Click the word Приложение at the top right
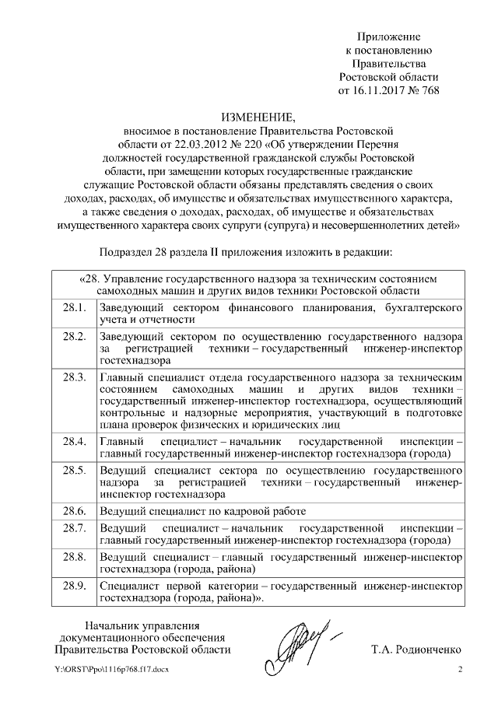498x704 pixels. [388, 37]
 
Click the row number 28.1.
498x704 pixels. [73, 310]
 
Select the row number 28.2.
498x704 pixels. [73, 336]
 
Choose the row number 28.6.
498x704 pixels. [73, 511]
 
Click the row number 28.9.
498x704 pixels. [73, 586]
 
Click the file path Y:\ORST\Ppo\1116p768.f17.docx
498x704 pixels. [112, 670]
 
